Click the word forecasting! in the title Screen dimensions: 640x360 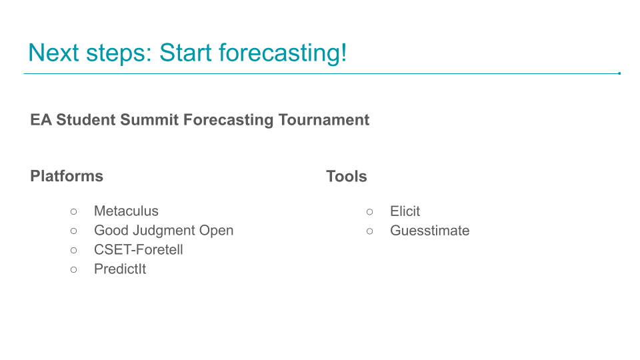click(x=283, y=53)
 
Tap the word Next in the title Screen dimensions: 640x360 click(x=53, y=53)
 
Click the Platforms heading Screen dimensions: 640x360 click(x=67, y=176)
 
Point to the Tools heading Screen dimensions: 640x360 click(x=347, y=176)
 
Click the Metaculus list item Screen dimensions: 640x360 click(x=126, y=211)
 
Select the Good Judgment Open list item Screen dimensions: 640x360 click(x=164, y=231)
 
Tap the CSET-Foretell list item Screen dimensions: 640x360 click(x=139, y=249)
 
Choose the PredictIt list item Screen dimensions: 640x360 click(x=120, y=269)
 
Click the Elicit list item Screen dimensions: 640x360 click(x=405, y=211)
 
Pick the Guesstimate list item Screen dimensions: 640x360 click(x=430, y=231)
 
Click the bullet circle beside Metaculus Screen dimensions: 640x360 click(x=73, y=211)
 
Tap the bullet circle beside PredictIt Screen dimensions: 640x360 click(x=73, y=269)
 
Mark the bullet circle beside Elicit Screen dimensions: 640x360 click(x=370, y=212)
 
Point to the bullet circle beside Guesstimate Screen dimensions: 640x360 click(x=370, y=231)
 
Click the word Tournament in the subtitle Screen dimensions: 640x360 click(x=324, y=120)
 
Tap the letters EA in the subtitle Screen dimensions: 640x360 click(x=41, y=120)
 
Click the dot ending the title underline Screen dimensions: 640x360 click(x=619, y=73)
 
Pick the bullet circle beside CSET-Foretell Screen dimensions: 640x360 click(x=73, y=250)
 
